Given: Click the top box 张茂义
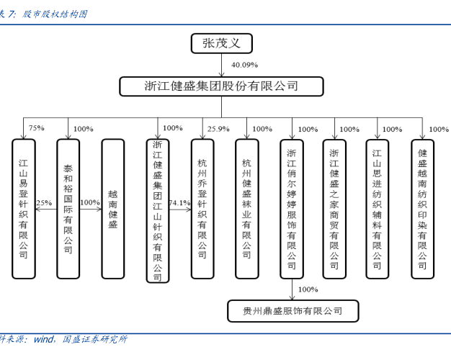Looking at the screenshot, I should (222, 44).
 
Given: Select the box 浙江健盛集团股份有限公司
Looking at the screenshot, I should (221, 86).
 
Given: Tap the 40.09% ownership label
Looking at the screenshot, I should (244, 66).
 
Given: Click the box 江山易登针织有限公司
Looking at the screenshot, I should (24, 209).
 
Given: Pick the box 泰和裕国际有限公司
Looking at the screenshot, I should (68, 209).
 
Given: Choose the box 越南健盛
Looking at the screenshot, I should (112, 209).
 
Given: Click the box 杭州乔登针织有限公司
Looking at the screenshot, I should (202, 209).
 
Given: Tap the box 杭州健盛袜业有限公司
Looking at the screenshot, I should (247, 209).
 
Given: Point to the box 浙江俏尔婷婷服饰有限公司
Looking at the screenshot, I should (292, 209).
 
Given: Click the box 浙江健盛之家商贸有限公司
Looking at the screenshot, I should (334, 209).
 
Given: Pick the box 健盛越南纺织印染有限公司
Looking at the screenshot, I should (422, 209).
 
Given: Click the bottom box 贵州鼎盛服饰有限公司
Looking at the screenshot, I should (293, 312).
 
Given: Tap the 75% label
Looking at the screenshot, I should (36, 128).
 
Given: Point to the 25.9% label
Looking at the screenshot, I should (218, 129).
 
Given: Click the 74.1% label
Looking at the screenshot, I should (179, 203).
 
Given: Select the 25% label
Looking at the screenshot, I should (44, 203).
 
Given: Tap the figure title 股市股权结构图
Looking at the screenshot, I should (54, 14).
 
